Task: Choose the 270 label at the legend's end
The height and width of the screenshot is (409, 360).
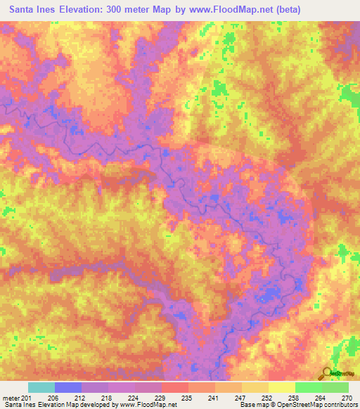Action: coord(344,397)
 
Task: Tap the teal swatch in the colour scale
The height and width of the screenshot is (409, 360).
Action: coord(41,387)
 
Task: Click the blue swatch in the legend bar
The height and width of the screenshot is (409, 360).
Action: coord(68,387)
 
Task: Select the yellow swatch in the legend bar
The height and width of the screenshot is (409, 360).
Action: coord(282,387)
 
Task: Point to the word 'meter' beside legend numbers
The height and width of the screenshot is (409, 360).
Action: coord(11,397)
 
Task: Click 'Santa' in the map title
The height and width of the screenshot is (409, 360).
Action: coord(23,9)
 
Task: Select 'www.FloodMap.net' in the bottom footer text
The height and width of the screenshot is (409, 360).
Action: coord(148,405)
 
